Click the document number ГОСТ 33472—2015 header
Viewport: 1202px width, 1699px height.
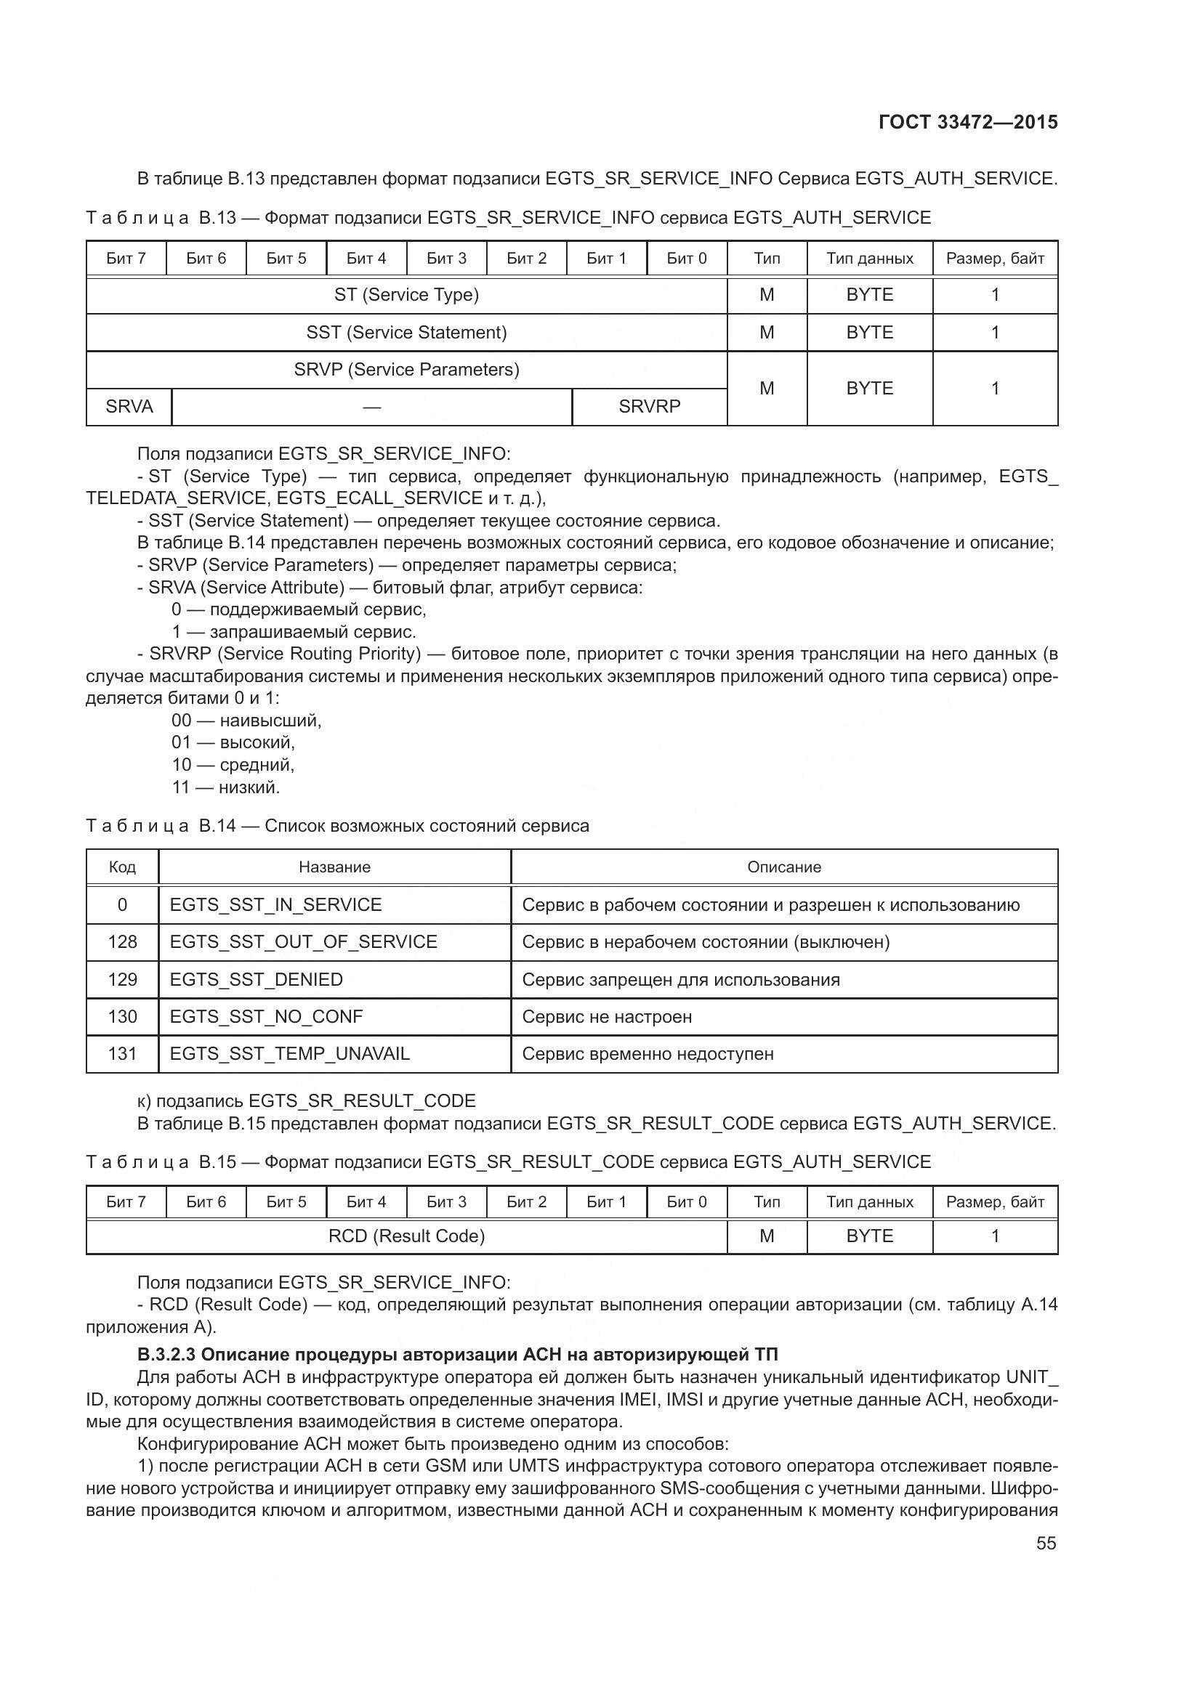pyautogui.click(x=967, y=122)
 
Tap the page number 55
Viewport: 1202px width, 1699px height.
pyautogui.click(x=1046, y=1543)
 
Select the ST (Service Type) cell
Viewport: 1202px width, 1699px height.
pyautogui.click(x=406, y=295)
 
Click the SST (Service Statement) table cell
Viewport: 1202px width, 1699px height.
pyautogui.click(x=406, y=333)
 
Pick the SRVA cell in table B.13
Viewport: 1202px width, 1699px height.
pyautogui.click(x=129, y=407)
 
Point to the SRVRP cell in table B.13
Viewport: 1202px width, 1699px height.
pyautogui.click(x=649, y=407)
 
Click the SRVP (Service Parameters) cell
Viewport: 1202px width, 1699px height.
pyautogui.click(x=406, y=369)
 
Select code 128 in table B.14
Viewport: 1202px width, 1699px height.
pyautogui.click(x=122, y=942)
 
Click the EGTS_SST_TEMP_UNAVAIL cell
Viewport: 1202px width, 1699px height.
pyautogui.click(x=289, y=1054)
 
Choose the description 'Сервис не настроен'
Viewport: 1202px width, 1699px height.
pyautogui.click(x=607, y=1017)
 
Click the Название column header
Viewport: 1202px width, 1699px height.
pyautogui.click(x=334, y=867)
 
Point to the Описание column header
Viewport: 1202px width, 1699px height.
pyautogui.click(x=784, y=867)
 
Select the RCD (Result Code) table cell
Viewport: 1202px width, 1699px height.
pyautogui.click(x=406, y=1236)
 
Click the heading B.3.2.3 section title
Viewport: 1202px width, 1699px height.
pyautogui.click(x=457, y=1355)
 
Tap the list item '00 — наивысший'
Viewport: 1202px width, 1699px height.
pyautogui.click(x=246, y=720)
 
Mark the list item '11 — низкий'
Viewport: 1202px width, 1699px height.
pyautogui.click(x=226, y=787)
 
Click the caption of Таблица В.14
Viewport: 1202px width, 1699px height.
pyautogui.click(x=337, y=826)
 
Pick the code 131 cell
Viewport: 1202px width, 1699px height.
pyautogui.click(x=122, y=1054)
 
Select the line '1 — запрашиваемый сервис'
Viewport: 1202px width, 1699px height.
pyautogui.click(x=294, y=632)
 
